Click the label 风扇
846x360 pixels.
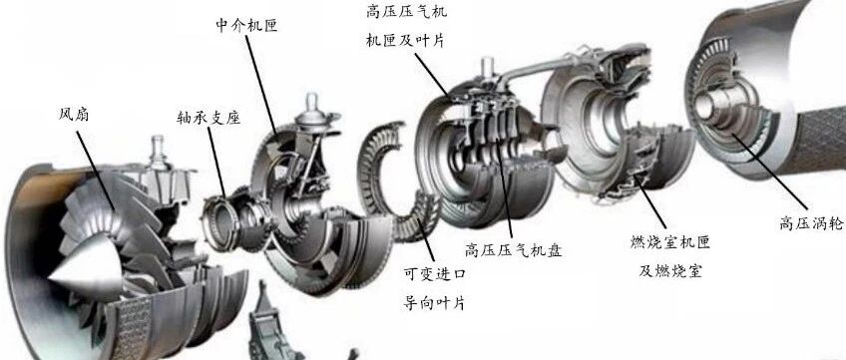pyautogui.click(x=74, y=115)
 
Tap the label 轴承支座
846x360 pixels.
pyautogui.click(x=208, y=118)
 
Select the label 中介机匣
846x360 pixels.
pyautogui.click(x=246, y=25)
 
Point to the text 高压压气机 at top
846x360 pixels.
pyautogui.click(x=407, y=11)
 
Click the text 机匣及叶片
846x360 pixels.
pyautogui.click(x=405, y=41)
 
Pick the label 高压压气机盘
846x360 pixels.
pyautogui.click(x=513, y=250)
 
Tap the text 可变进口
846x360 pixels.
pyautogui.click(x=434, y=274)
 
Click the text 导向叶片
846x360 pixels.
pyautogui.click(x=434, y=303)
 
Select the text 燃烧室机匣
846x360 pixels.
pyautogui.click(x=670, y=242)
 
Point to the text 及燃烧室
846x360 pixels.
pyautogui.click(x=670, y=270)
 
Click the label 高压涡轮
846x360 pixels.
pyautogui.click(x=811, y=223)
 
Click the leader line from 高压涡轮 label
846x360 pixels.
pyautogui.click(x=769, y=172)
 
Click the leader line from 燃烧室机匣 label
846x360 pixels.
pyautogui.click(x=650, y=201)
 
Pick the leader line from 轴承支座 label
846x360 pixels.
pyautogui.click(x=216, y=163)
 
